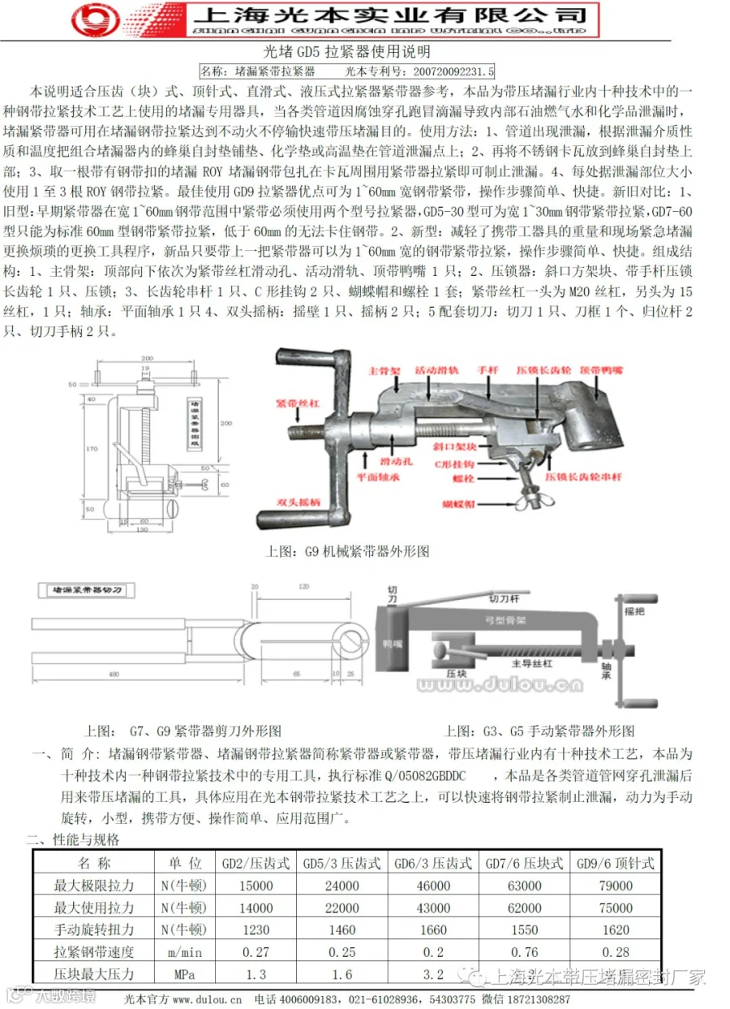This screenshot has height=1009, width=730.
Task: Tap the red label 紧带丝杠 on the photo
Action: [293, 403]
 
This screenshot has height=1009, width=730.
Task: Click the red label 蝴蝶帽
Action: [458, 505]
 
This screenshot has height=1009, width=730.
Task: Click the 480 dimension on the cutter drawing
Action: [114, 675]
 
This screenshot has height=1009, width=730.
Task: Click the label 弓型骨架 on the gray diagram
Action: [511, 620]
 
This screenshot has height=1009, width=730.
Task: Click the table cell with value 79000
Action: [616, 886]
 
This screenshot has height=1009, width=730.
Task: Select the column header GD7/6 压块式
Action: [524, 863]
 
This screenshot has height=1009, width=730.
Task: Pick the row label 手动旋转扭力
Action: [93, 929]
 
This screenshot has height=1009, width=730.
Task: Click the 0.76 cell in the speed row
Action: [524, 951]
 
